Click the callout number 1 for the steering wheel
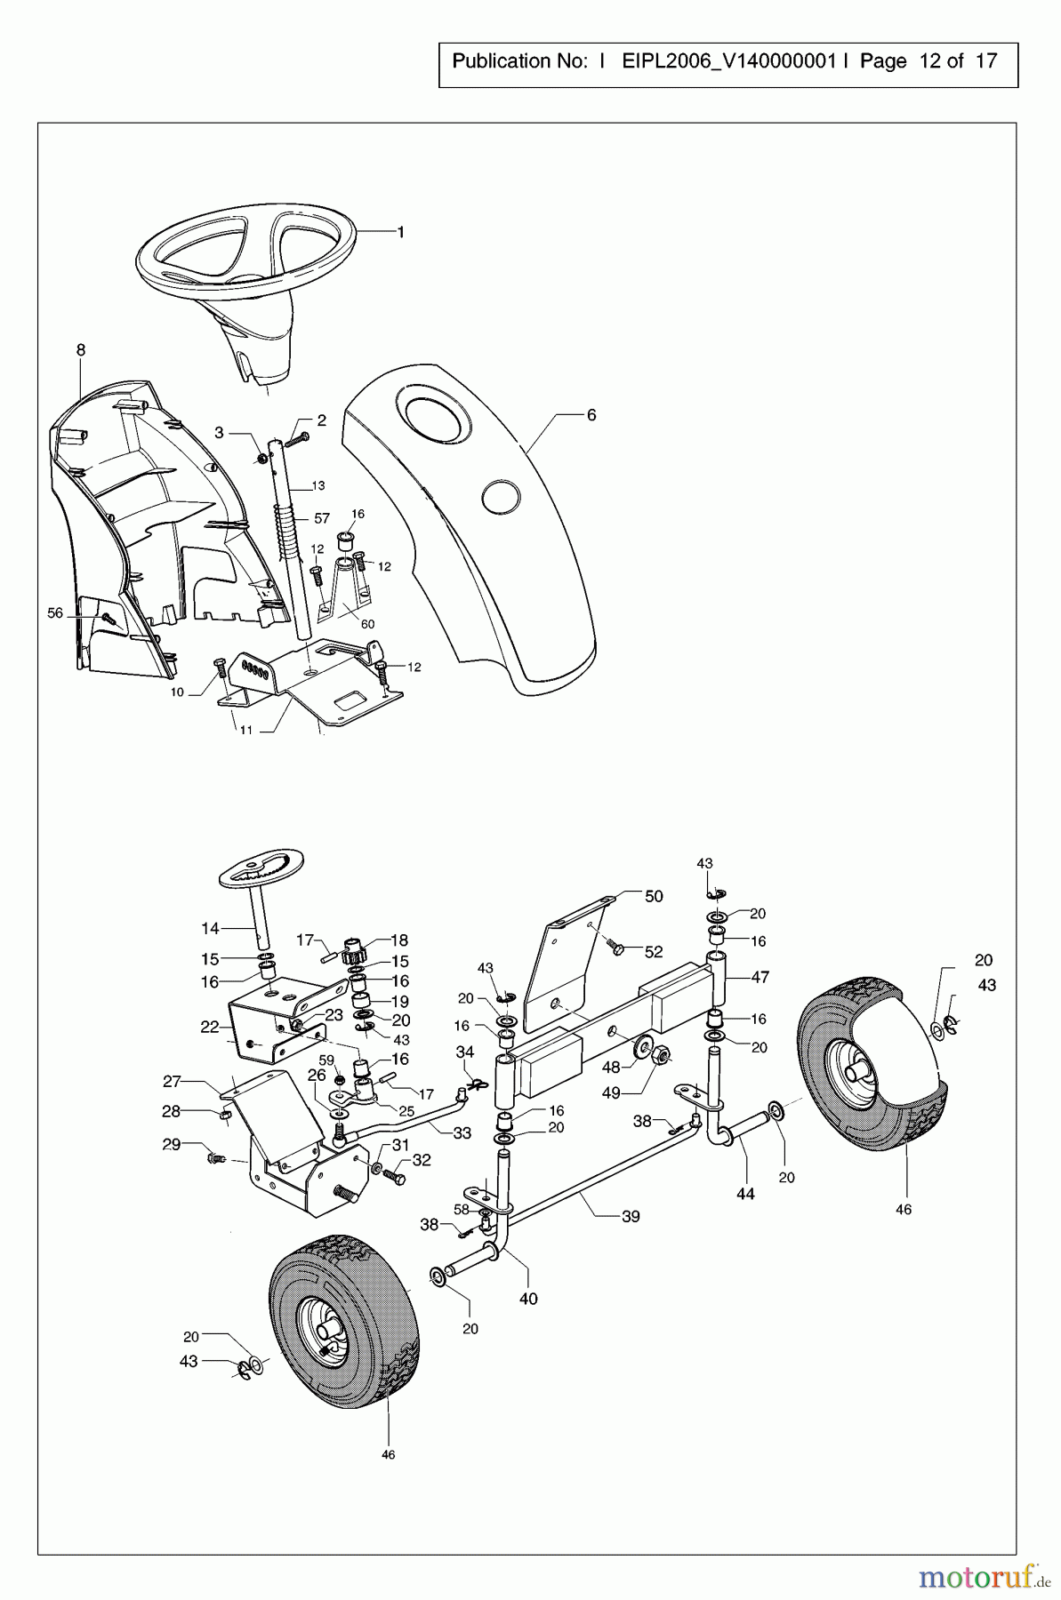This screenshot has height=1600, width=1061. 400,232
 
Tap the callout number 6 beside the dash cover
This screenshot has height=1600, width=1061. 591,415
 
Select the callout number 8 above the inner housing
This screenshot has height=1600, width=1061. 81,350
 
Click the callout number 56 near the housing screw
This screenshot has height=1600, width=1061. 55,613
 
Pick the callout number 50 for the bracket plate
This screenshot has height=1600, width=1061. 654,896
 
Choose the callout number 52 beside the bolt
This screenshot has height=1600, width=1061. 654,951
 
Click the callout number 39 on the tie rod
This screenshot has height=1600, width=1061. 630,1216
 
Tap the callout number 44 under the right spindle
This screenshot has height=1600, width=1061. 745,1194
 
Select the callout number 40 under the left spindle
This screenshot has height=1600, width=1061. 528,1299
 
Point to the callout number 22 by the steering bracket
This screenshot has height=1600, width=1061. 209,1027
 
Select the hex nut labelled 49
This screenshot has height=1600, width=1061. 662,1056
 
